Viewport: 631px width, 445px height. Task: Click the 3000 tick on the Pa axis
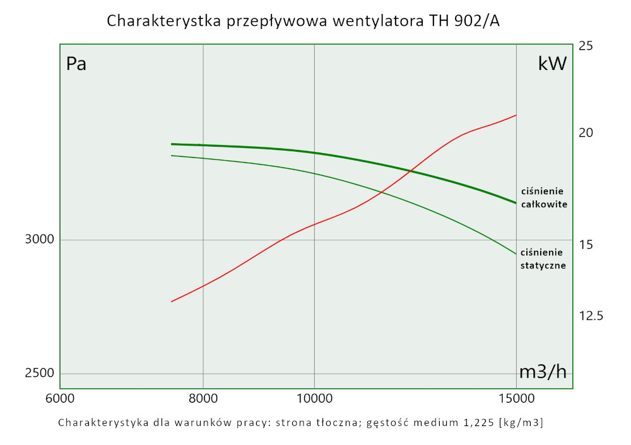40,240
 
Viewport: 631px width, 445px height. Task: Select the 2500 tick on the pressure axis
40,373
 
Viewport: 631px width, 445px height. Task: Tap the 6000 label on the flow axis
60,399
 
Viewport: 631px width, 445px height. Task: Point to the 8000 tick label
203,399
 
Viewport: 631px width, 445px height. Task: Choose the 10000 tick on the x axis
314,399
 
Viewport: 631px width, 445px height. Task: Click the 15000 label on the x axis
516,399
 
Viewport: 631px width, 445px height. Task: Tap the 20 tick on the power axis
586,133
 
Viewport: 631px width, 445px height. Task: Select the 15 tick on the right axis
586,245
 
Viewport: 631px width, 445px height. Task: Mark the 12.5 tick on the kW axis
592,316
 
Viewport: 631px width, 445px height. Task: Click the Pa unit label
76,64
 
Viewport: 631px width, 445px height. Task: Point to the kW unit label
552,64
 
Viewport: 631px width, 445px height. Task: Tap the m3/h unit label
542,372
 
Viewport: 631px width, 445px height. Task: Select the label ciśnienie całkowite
543,197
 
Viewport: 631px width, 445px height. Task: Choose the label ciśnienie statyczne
543,258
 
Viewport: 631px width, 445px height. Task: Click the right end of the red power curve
516,115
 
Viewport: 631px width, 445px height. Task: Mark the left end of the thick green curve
172,144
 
